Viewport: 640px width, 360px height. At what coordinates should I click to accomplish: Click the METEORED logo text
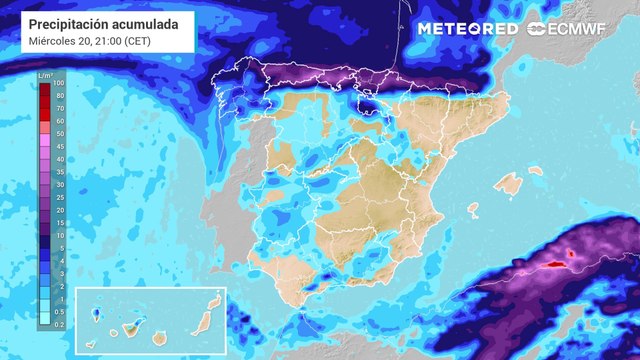click(x=466, y=29)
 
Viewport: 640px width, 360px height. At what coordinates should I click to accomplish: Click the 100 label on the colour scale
click(x=60, y=84)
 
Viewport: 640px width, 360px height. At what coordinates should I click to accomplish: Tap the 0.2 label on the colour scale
click(x=60, y=323)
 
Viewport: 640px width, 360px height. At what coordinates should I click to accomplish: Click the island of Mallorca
click(x=511, y=184)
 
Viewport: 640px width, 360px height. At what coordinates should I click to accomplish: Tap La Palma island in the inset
click(x=96, y=314)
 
